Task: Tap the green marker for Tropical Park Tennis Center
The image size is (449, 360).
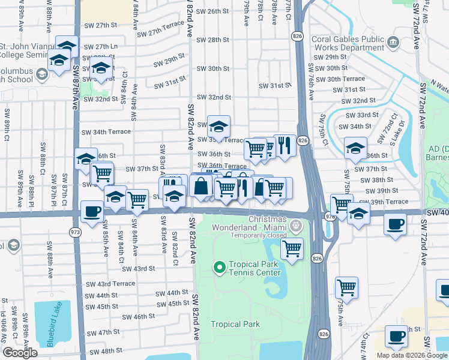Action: coord(219,267)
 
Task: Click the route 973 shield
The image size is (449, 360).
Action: coord(75,232)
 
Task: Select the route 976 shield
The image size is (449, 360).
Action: coord(330,216)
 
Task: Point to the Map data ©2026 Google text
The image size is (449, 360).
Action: coord(412,355)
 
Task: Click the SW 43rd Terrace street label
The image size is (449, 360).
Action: coord(110,284)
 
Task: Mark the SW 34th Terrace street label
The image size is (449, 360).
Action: coord(106,132)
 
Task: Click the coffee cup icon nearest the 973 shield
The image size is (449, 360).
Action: coord(92,212)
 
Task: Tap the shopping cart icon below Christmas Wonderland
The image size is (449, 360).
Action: coord(292,248)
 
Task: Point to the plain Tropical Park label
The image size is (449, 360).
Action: coord(235,324)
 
